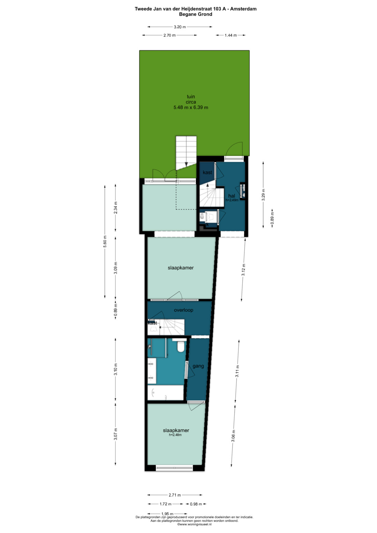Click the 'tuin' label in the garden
pyautogui.click(x=191, y=97)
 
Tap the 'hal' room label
pyautogui.click(x=231, y=196)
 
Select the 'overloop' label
pyautogui.click(x=183, y=310)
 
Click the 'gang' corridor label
pyautogui.click(x=198, y=366)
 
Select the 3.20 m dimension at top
pyautogui.click(x=180, y=27)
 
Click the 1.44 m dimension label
pyautogui.click(x=231, y=35)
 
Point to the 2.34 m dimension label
pyautogui.click(x=116, y=207)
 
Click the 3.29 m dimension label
pyautogui.click(x=263, y=195)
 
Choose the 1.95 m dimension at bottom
pyautogui.click(x=167, y=520)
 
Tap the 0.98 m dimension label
pyautogui.click(x=196, y=511)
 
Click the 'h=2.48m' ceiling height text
pyautogui.click(x=175, y=435)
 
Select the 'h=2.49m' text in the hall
pyautogui.click(x=232, y=200)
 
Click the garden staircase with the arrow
pyautogui.click(x=186, y=153)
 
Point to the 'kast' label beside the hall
pyautogui.click(x=207, y=172)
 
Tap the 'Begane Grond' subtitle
pyautogui.click(x=195, y=14)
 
